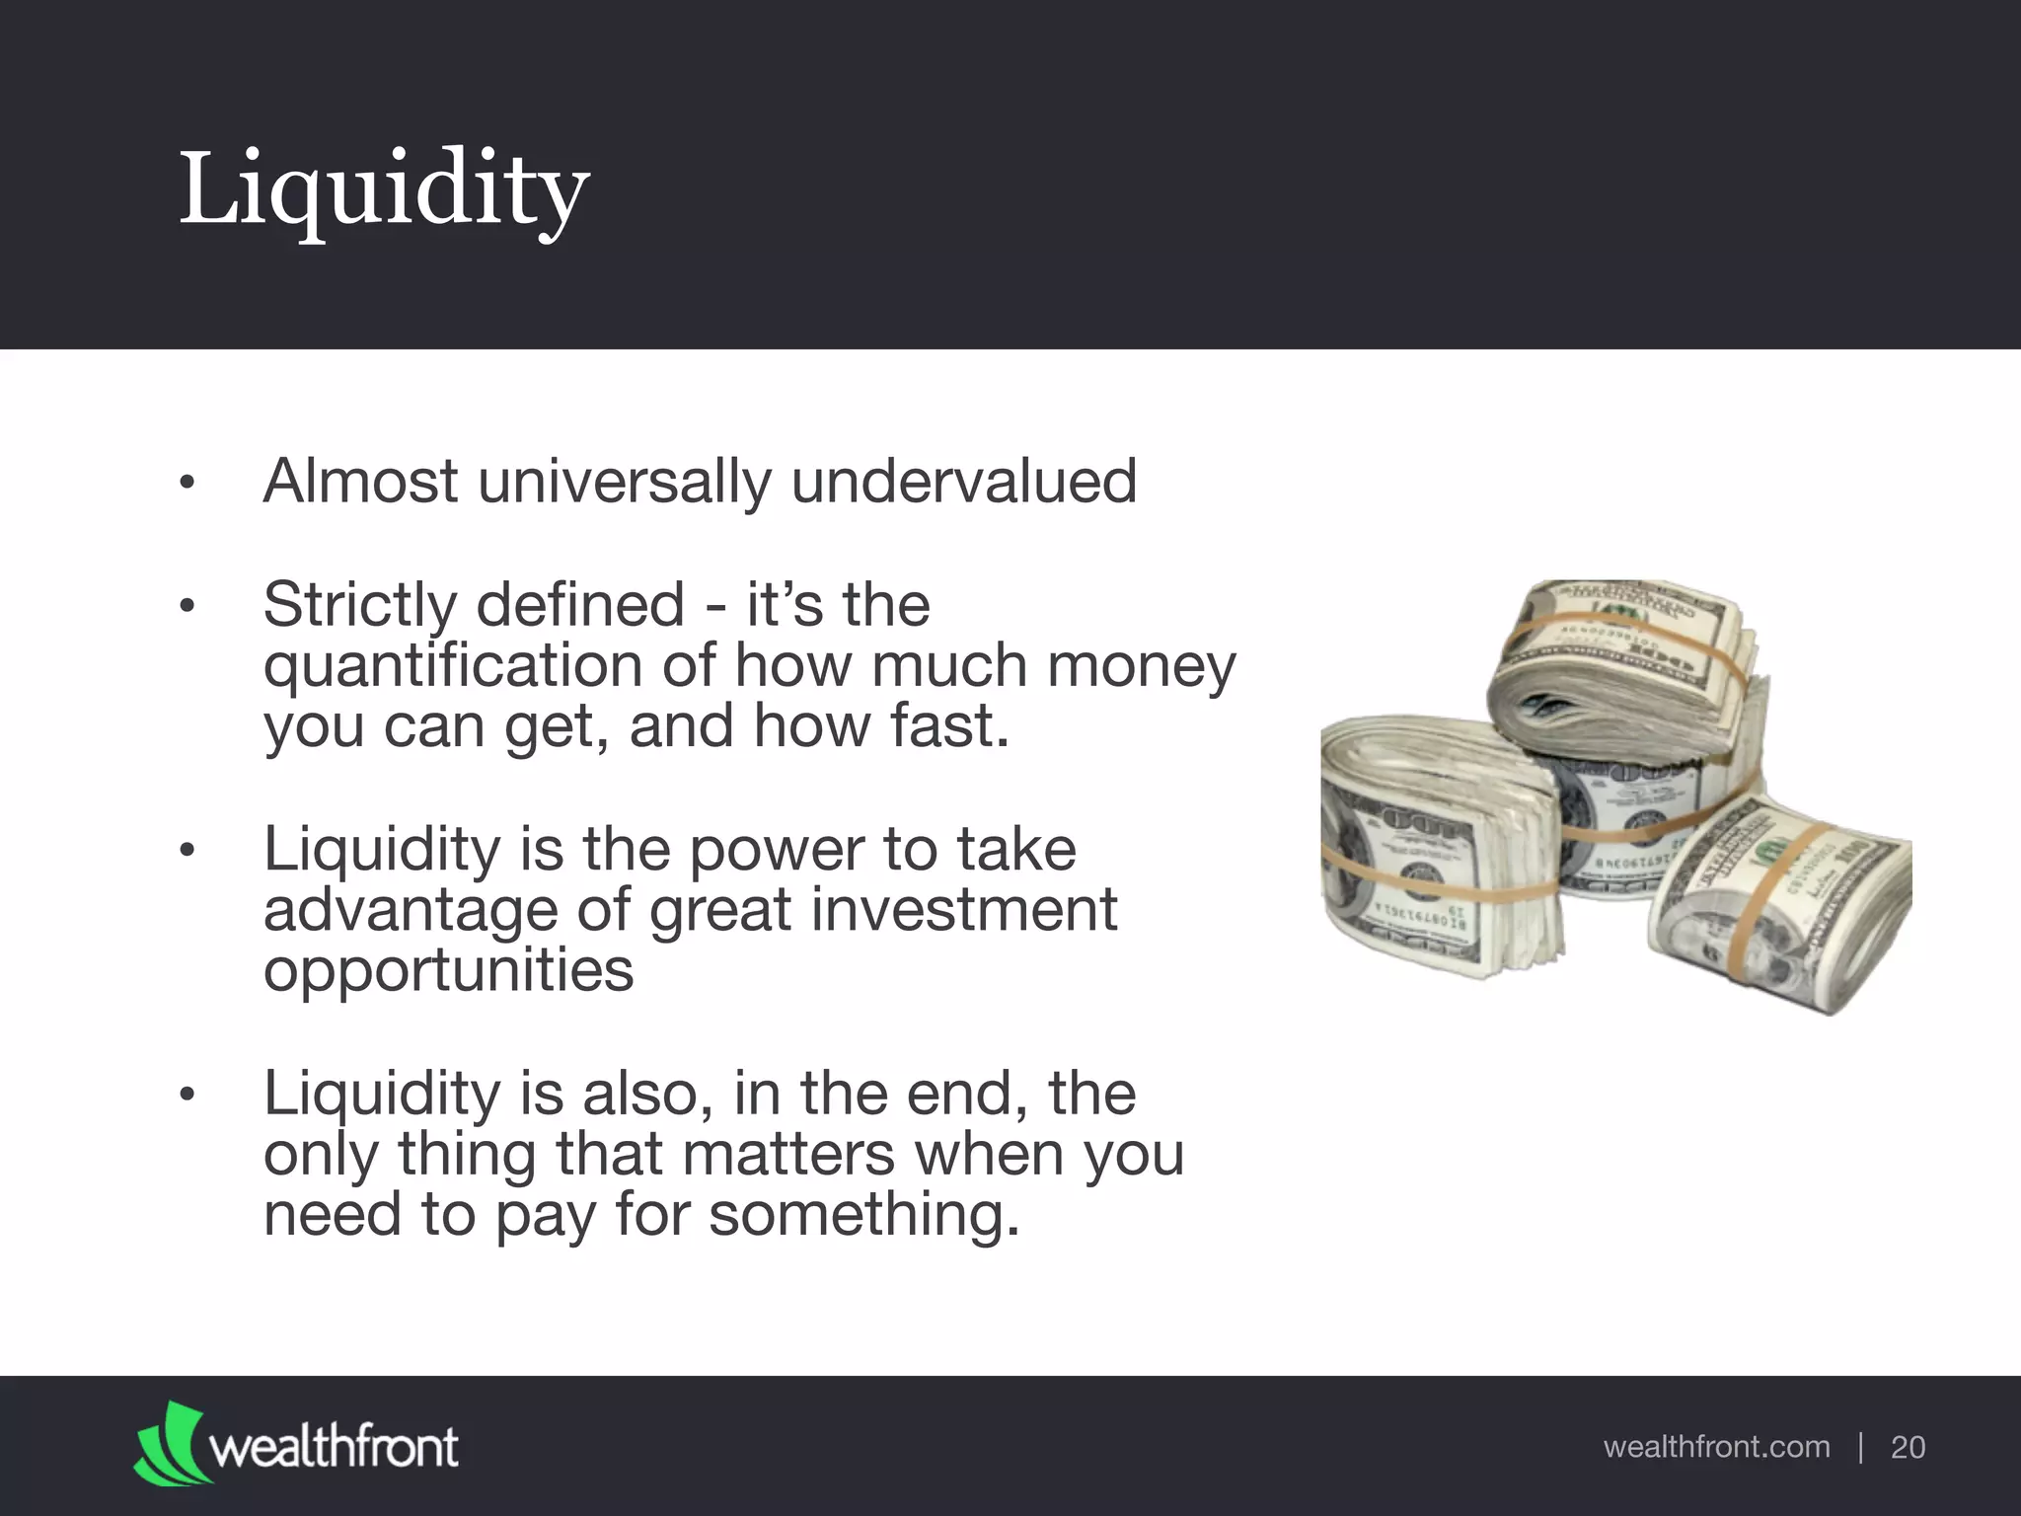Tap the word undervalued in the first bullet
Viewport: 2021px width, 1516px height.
tap(963, 482)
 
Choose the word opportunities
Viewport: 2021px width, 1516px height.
tap(448, 971)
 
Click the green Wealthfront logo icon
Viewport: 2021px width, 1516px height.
tap(170, 1443)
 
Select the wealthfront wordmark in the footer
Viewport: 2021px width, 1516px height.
tap(334, 1448)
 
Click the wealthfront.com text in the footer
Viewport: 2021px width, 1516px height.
tap(1716, 1447)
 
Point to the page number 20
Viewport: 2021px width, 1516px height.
tap(1908, 1448)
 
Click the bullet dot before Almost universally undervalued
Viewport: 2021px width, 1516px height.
tap(187, 484)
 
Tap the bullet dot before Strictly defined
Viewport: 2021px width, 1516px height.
tap(187, 606)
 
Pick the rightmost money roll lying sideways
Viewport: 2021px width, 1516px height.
tap(1786, 908)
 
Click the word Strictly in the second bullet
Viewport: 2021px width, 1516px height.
tap(359, 605)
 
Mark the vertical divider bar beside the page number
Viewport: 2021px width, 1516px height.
tap(1860, 1448)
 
